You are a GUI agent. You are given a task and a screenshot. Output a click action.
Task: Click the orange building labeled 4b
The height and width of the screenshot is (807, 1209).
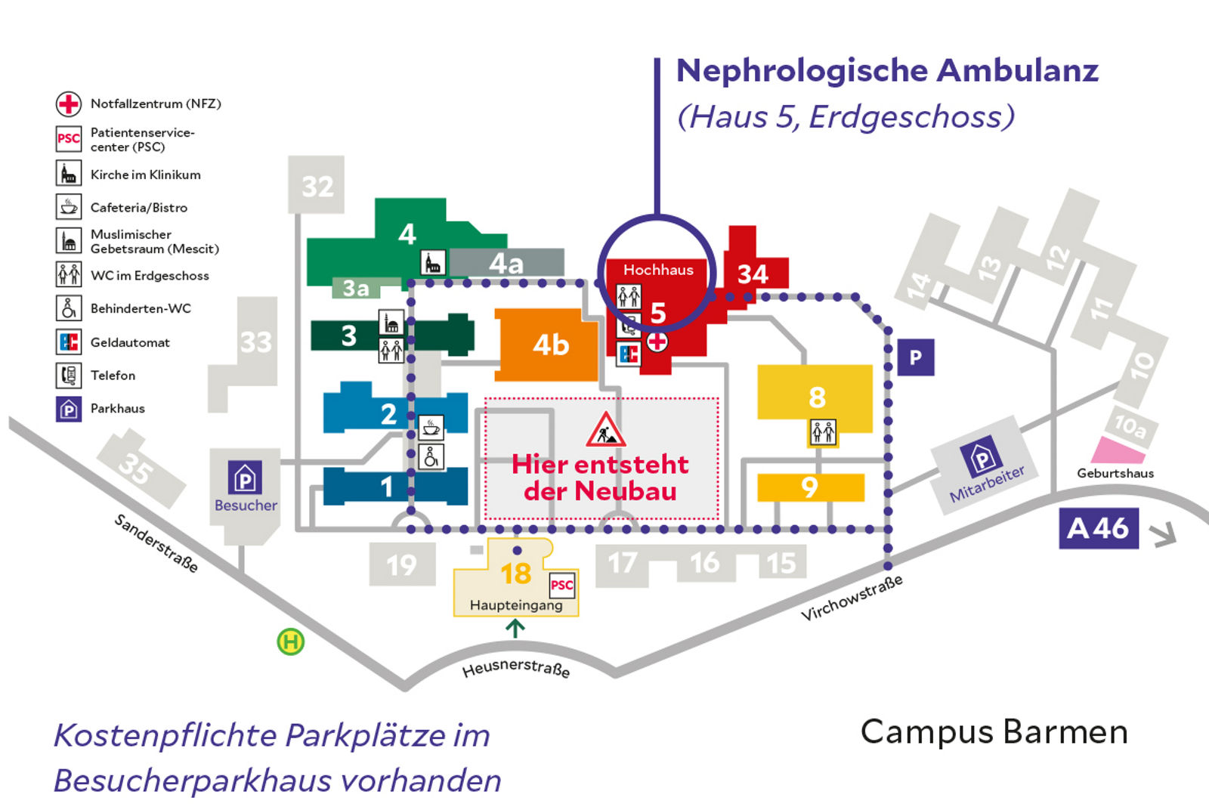549,345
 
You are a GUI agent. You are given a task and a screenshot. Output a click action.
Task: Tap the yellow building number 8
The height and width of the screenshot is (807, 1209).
816,397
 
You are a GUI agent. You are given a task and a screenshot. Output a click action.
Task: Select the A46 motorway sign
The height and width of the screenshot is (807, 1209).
1098,528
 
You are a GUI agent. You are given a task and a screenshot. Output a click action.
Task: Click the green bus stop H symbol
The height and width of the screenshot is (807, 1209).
290,642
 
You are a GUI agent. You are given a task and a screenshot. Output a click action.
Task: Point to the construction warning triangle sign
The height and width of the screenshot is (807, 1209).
605,430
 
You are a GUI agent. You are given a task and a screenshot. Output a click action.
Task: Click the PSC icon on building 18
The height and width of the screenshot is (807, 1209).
561,585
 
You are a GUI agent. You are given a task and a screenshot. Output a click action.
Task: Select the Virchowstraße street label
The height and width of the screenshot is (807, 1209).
852,598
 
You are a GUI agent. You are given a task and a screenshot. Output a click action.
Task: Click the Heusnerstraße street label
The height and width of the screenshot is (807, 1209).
516,669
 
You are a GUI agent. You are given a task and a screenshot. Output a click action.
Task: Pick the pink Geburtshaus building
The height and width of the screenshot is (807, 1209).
1118,450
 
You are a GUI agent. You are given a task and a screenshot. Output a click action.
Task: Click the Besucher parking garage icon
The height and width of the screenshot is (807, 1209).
245,478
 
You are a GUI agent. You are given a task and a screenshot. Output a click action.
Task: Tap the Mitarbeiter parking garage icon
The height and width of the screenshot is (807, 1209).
981,456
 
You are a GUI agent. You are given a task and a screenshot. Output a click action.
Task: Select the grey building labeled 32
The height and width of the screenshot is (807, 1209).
317,185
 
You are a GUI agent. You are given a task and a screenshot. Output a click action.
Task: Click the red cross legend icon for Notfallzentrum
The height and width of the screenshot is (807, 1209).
69,104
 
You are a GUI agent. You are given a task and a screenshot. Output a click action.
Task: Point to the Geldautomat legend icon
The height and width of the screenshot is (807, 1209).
69,342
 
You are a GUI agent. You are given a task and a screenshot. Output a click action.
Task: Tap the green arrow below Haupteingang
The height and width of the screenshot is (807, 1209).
515,628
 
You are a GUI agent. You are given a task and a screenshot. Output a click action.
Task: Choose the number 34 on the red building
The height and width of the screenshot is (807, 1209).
753,274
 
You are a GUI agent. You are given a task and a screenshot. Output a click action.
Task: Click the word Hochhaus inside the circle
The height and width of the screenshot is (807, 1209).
657,270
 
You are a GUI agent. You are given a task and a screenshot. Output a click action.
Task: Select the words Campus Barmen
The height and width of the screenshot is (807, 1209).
994,731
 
